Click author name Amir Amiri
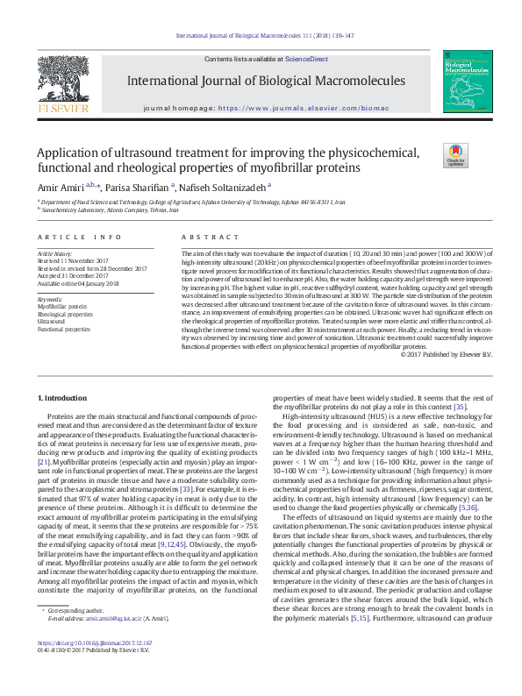(60, 187)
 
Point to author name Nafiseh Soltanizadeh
(226, 187)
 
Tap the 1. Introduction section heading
(63, 399)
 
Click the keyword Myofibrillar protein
(62, 307)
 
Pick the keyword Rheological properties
(64, 314)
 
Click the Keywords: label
(50, 299)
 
